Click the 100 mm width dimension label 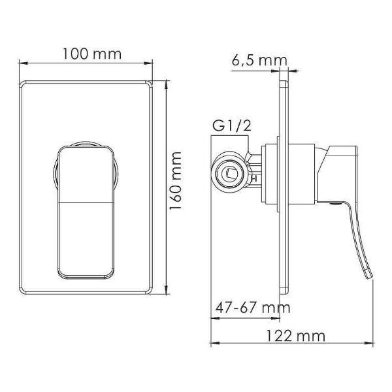coord(91,54)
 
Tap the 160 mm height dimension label coord(176,181)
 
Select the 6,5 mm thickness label coord(259,61)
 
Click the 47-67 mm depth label coord(253,308)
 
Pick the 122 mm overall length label coord(295,336)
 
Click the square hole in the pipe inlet coord(231,173)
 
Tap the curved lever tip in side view coord(369,274)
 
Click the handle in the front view coord(86,212)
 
